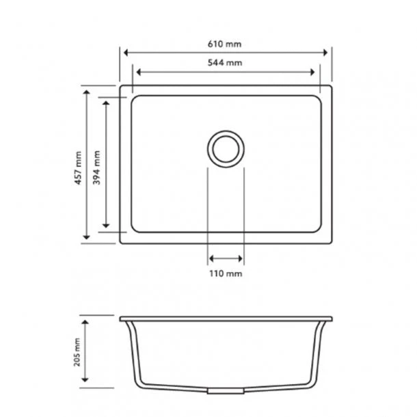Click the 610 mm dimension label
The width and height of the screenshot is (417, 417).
pyautogui.click(x=225, y=44)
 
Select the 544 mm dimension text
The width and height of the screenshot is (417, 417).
pyautogui.click(x=225, y=62)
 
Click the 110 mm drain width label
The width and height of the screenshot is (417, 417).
pyautogui.click(x=225, y=273)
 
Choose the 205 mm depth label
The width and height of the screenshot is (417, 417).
pyautogui.click(x=78, y=353)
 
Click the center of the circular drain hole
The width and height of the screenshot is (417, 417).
pyautogui.click(x=225, y=148)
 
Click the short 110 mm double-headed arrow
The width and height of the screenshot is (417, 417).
pyautogui.click(x=225, y=258)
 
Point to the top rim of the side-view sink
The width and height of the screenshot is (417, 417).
pyautogui.click(x=225, y=319)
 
